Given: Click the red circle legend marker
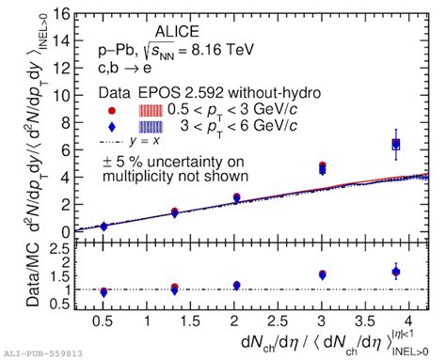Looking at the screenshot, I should tap(112, 108).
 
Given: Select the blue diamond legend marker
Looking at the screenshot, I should tap(112, 125).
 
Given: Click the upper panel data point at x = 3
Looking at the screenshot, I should tap(323, 167).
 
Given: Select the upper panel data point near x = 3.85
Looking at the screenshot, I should tap(396, 144).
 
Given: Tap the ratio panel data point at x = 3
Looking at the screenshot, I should tap(323, 274).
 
